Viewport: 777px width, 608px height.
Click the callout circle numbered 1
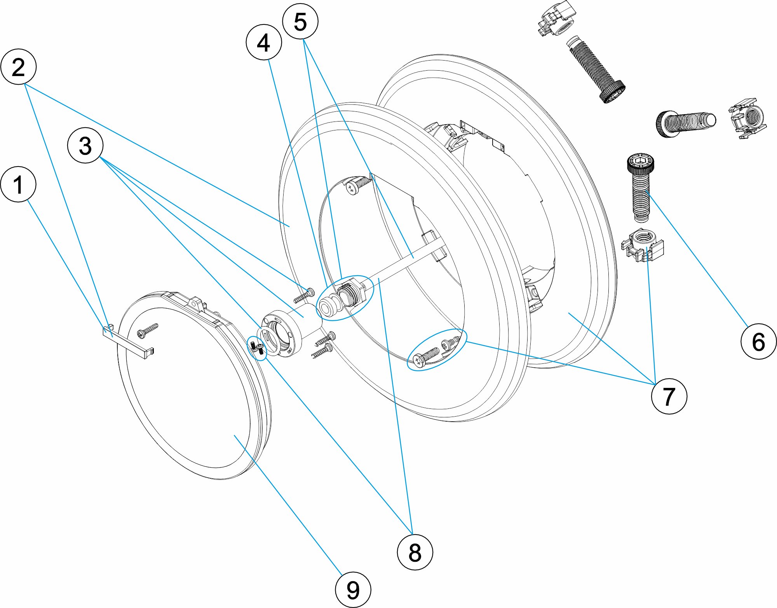[18, 184]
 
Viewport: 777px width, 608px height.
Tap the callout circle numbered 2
[19, 66]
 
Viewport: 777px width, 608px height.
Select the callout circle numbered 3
[85, 145]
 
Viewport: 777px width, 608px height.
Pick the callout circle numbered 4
[264, 42]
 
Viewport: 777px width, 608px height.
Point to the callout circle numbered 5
[300, 21]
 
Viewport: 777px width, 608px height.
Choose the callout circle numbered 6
[758, 341]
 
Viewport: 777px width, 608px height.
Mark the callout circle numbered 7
[669, 396]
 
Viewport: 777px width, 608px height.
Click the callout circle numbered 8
[415, 552]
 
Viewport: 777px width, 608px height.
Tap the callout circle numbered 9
[353, 590]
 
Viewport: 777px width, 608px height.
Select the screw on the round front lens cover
[148, 330]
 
